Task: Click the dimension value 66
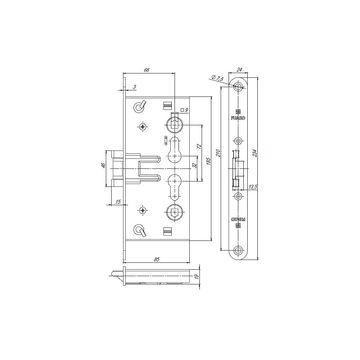coord(147,70)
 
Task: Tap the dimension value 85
coord(157,260)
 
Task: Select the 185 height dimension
coord(208,161)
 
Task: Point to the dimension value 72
coord(199,147)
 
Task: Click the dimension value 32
coord(194,166)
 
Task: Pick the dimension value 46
coord(103,165)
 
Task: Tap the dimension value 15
coord(118,202)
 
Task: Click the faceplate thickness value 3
coord(135,87)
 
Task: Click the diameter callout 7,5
coord(217,78)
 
